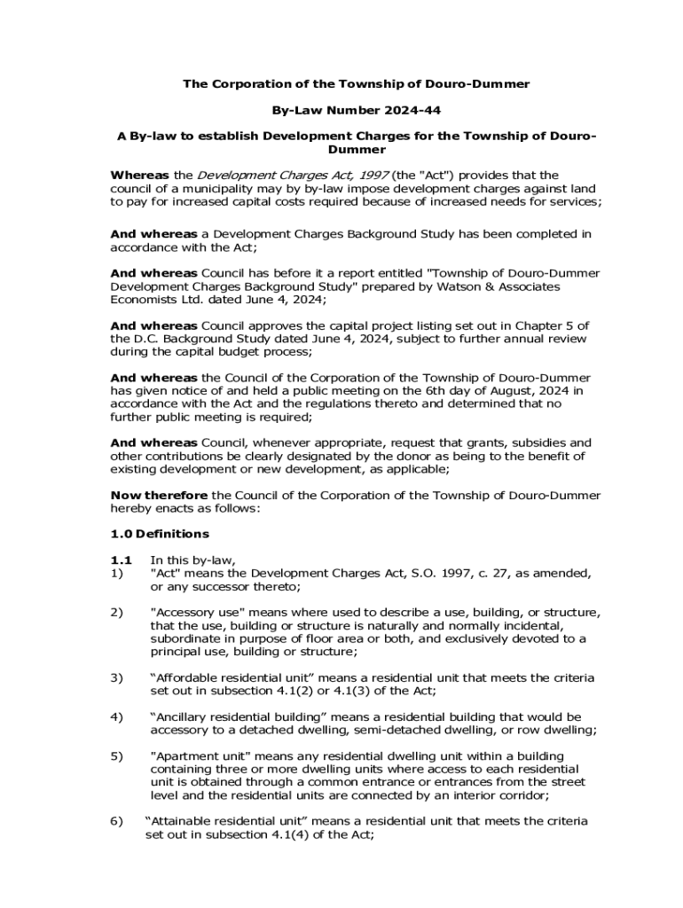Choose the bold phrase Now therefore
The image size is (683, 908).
click(x=159, y=495)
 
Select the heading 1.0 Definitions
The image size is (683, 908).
click(x=160, y=534)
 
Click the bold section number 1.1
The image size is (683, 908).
click(x=121, y=560)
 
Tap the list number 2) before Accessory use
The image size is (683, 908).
click(x=116, y=613)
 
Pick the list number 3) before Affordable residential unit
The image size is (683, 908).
click(x=116, y=678)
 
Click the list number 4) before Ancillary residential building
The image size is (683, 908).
click(x=116, y=717)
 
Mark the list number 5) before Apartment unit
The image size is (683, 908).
click(x=116, y=756)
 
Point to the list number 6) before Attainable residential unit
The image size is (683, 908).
click(x=116, y=822)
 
